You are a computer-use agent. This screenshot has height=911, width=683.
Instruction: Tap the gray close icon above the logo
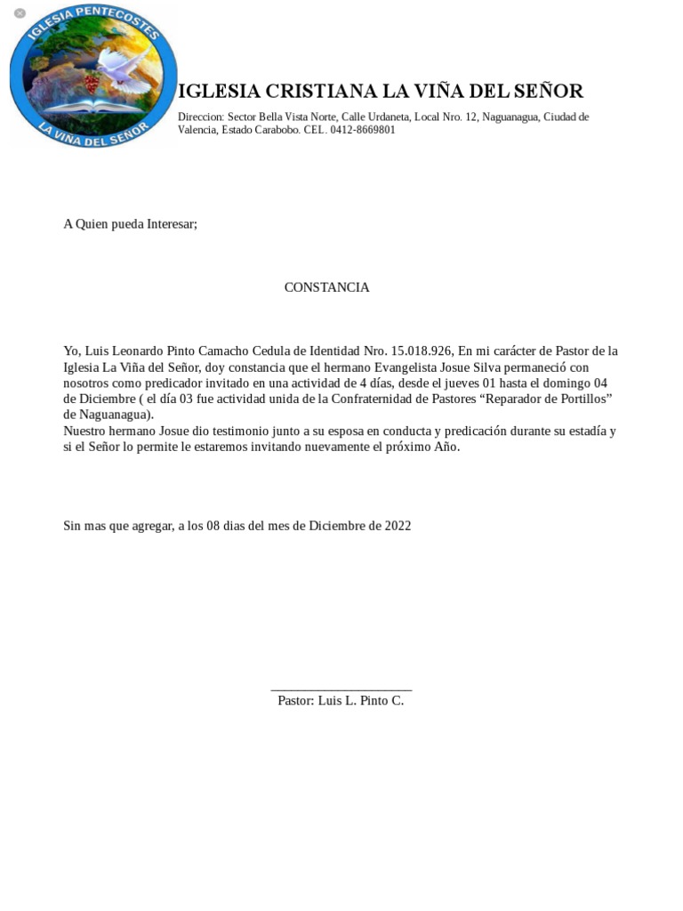point(20,13)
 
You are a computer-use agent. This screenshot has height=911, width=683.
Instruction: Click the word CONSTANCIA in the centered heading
point(326,287)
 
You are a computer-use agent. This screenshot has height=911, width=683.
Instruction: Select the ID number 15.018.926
point(421,351)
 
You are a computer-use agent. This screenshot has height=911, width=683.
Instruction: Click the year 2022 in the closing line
point(398,526)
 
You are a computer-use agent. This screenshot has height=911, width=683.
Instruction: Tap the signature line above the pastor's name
point(341,689)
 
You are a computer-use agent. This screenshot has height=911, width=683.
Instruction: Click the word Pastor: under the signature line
point(295,701)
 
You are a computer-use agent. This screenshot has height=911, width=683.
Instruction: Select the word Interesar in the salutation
point(170,224)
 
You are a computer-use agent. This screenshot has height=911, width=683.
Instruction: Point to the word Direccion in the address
point(200,117)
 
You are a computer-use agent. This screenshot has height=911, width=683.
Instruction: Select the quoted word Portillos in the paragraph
point(579,399)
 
